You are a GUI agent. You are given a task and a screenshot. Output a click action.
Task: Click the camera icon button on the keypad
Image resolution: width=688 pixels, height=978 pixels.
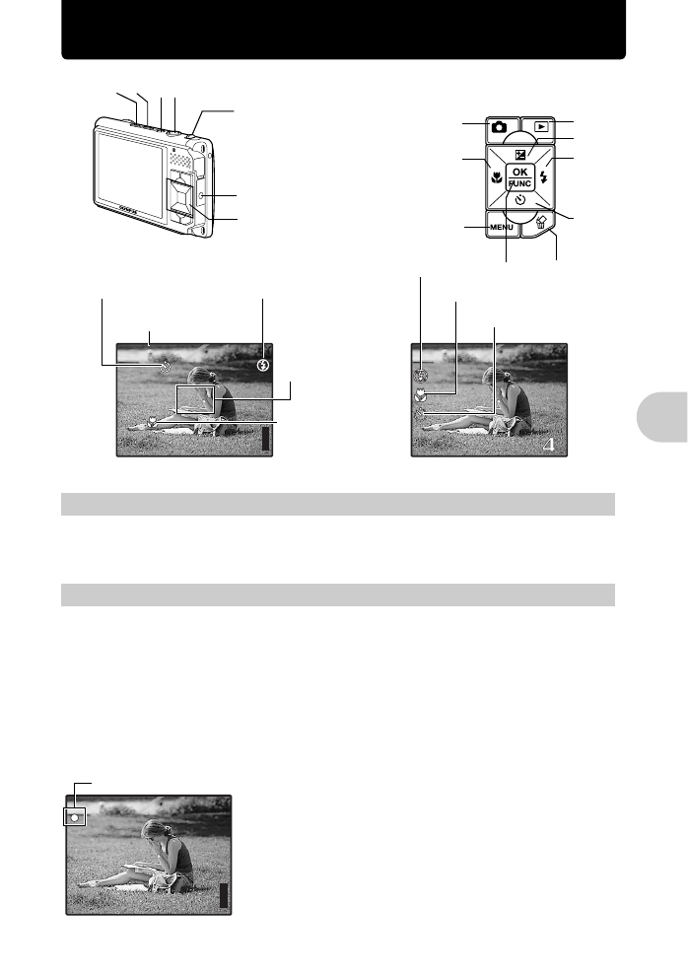coord(500,127)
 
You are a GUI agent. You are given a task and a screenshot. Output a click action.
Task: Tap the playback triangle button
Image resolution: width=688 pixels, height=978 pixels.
coord(540,127)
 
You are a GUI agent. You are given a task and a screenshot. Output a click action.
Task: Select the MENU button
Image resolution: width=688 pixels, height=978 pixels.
coord(502,229)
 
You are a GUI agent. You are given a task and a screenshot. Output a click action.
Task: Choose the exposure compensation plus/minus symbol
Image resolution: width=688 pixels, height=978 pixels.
coord(520,152)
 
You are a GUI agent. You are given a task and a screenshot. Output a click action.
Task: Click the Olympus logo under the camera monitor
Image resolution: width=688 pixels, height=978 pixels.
coord(127,211)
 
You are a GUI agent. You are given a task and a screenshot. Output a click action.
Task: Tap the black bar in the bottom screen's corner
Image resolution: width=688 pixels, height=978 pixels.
coord(223,895)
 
